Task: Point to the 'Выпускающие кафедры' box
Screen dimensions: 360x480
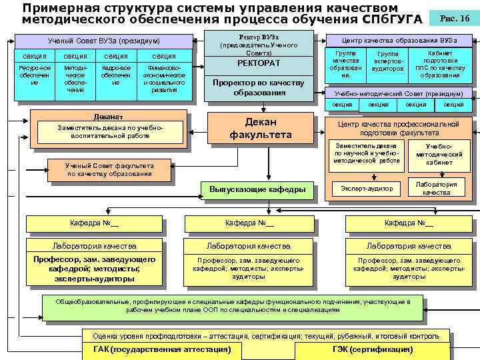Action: [257, 190]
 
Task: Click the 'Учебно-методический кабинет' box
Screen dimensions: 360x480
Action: [439, 154]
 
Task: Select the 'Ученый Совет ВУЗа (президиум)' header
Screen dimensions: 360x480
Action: [104, 41]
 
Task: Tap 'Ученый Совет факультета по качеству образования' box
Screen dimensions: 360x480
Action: [110, 170]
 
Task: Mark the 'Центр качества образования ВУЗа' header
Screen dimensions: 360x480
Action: [399, 40]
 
